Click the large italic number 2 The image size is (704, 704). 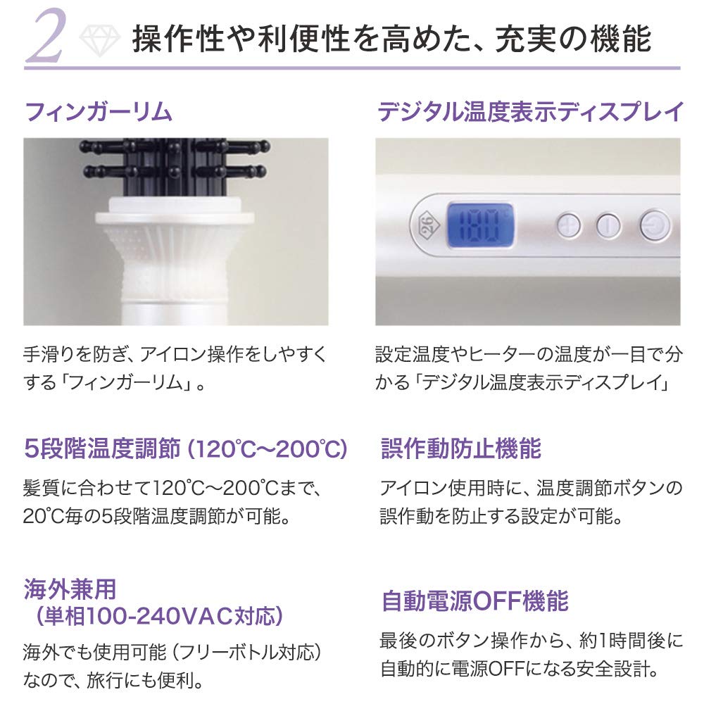point(46,35)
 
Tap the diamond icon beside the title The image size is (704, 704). point(99,39)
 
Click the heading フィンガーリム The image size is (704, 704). point(99,112)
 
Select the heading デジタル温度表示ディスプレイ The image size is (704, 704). point(530,112)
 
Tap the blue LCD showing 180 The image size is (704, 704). point(480,225)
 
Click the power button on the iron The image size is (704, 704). point(655,225)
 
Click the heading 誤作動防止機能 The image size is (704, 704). point(461,448)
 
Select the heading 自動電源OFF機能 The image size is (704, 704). point(475,601)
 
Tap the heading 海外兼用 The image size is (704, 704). point(70,589)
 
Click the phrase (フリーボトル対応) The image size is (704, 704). point(247,653)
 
